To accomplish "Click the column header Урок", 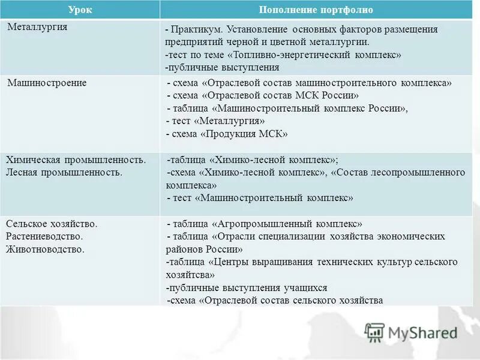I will click(79, 10).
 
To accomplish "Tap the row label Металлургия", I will click(37, 27).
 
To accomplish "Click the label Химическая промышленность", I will click(76, 160).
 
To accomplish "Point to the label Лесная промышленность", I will click(64, 172).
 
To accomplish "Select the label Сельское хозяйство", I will click(52, 223).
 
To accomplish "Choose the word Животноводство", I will click(46, 247).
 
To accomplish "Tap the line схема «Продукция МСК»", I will click(229, 134).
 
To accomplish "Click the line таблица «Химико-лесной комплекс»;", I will click(253, 160).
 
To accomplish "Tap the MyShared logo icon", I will click(374, 332).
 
